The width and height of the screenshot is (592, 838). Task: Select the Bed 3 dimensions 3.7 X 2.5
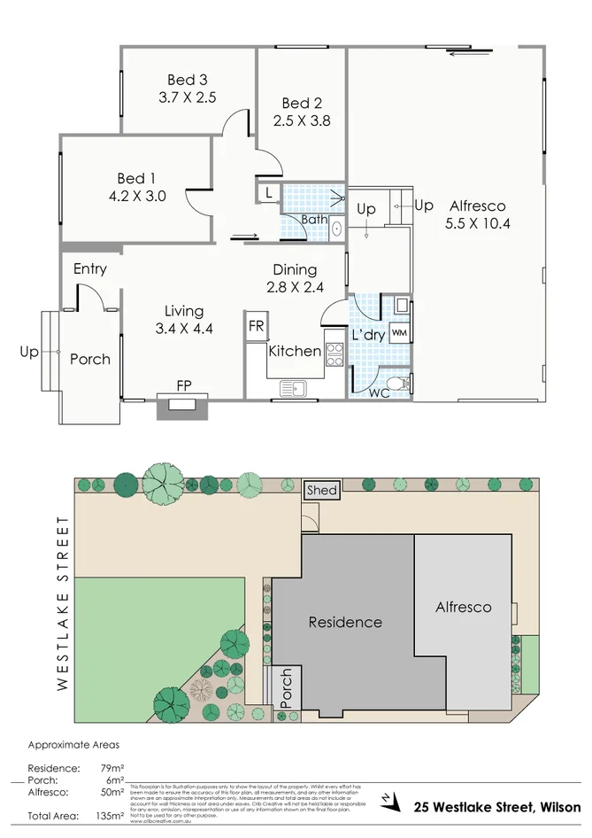(x=187, y=98)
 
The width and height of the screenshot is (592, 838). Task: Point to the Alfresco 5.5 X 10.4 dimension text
(x=477, y=223)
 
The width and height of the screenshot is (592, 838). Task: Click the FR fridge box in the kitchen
(x=256, y=326)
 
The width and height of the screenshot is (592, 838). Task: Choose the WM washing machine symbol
(x=400, y=332)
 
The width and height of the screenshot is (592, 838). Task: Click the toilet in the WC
(x=404, y=384)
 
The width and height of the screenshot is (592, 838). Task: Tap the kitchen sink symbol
(x=292, y=387)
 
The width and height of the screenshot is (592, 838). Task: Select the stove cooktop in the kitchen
(x=334, y=354)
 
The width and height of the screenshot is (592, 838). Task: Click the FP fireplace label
(x=183, y=385)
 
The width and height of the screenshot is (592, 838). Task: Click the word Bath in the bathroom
(x=313, y=219)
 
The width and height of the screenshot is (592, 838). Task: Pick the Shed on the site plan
(x=320, y=490)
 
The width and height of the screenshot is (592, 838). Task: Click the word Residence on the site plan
(x=345, y=622)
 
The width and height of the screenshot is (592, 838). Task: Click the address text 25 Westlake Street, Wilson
(x=498, y=807)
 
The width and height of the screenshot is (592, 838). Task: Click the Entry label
(x=90, y=269)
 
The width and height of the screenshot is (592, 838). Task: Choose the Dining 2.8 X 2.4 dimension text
(x=295, y=287)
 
